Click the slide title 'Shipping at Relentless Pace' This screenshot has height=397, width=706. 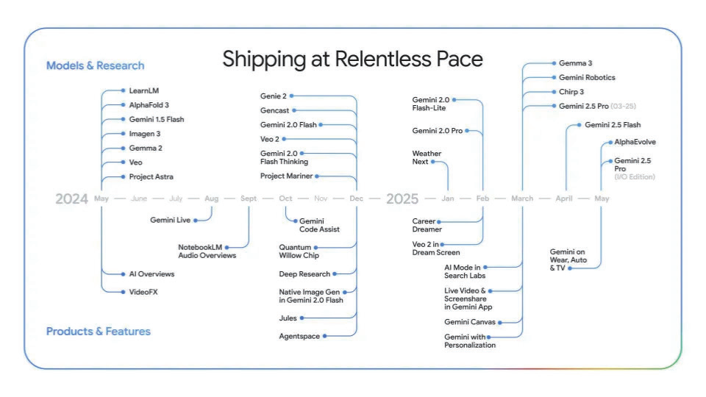352,60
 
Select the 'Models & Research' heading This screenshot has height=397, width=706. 96,65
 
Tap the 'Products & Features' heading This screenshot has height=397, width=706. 98,332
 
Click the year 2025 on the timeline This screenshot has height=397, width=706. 402,198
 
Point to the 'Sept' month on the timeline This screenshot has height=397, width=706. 249,198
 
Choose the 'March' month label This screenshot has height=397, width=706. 522,198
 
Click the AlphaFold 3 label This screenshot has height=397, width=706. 149,105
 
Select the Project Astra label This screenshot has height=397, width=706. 151,177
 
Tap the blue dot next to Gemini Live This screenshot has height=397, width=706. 196,221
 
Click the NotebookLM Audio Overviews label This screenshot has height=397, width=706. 207,251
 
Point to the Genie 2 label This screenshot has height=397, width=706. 274,96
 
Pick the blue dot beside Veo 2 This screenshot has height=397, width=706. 284,139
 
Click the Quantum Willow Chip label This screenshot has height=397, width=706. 299,251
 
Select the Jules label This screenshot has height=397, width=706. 288,318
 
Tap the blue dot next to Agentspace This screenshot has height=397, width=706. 324,336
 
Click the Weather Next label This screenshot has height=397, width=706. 427,157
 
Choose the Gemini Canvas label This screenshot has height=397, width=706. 470,322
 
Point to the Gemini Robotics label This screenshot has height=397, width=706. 587,77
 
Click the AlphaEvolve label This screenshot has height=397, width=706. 635,142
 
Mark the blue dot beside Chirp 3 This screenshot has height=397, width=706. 554,92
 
